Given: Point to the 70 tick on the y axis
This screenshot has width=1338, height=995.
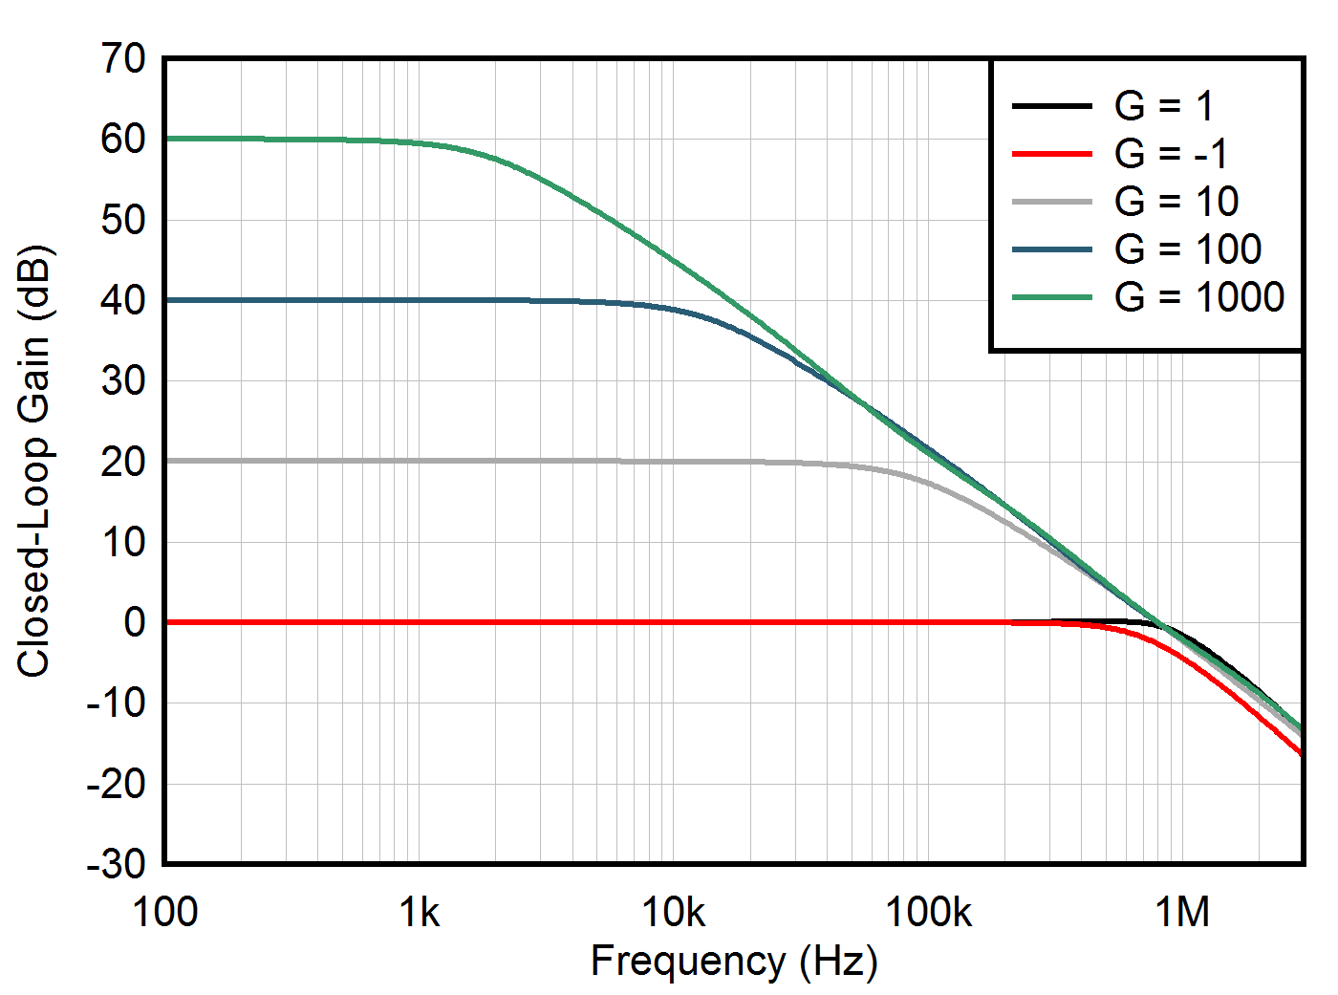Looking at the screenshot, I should pyautogui.click(x=123, y=59).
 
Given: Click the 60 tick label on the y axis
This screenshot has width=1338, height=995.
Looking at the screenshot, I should pyautogui.click(x=123, y=140).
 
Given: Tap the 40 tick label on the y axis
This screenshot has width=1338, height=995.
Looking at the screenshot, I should pyautogui.click(x=123, y=301).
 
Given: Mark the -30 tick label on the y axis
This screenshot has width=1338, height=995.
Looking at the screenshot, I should pyautogui.click(x=117, y=865).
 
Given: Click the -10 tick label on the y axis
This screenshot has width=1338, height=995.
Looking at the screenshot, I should pyautogui.click(x=117, y=704).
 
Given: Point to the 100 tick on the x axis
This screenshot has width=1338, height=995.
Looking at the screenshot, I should pyautogui.click(x=165, y=914).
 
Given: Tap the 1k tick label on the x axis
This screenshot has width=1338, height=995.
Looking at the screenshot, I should pyautogui.click(x=420, y=914).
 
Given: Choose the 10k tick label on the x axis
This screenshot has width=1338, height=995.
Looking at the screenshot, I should pyautogui.click(x=674, y=914).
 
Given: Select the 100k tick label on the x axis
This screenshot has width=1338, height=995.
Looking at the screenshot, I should pyautogui.click(x=928, y=914).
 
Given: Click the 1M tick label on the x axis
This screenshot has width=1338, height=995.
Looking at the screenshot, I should pyautogui.click(x=1182, y=914).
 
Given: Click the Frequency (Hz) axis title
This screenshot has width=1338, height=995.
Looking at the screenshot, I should pyautogui.click(x=733, y=962).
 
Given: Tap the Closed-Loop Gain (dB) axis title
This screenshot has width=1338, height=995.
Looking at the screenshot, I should pyautogui.click(x=34, y=462).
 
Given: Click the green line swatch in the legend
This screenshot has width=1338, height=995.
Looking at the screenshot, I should pyautogui.click(x=1051, y=297).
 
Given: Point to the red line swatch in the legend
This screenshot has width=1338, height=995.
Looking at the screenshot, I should pyautogui.click(x=1051, y=154).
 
